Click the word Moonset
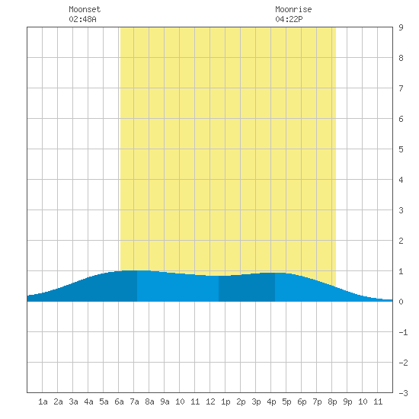click(x=85, y=9)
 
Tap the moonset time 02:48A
click(x=82, y=19)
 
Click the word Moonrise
click(x=293, y=9)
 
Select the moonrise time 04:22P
click(x=289, y=19)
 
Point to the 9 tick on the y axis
click(x=401, y=27)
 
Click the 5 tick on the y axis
click(x=401, y=149)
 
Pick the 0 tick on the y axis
click(x=401, y=302)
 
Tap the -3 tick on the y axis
click(x=403, y=393)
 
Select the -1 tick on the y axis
click(x=403, y=332)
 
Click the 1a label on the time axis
click(x=43, y=401)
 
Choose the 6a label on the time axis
click(x=119, y=401)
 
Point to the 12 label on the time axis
click(x=210, y=401)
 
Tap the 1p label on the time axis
click(x=225, y=401)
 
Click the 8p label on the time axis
click(x=332, y=401)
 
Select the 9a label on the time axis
click(x=165, y=401)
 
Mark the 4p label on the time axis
click(x=271, y=401)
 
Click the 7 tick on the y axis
click(x=401, y=88)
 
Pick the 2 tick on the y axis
click(x=401, y=241)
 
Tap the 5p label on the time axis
click(x=286, y=401)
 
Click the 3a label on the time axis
click(x=73, y=401)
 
